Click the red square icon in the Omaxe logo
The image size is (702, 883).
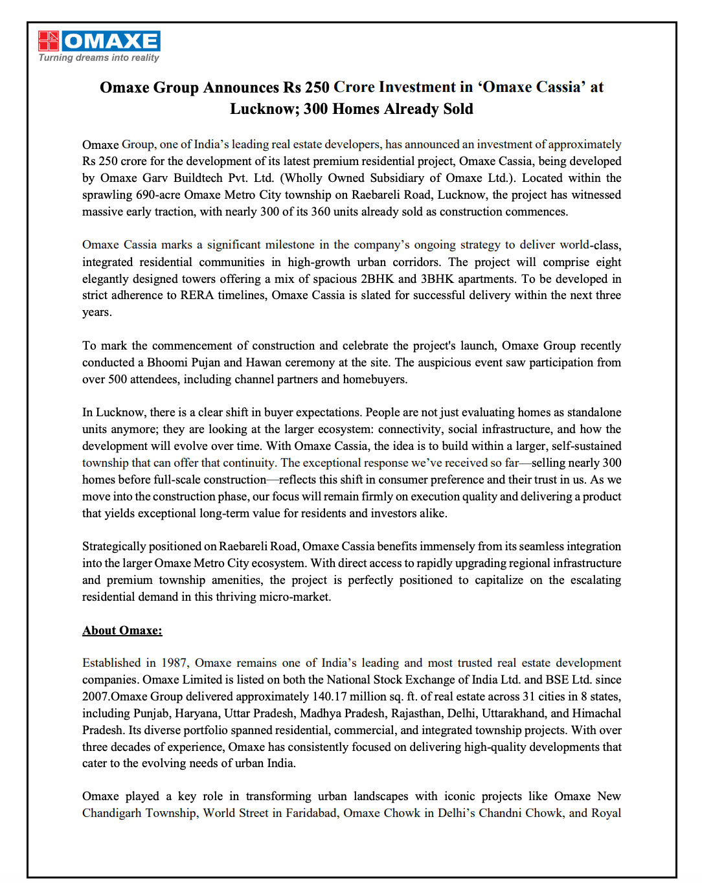pyautogui.click(x=49, y=41)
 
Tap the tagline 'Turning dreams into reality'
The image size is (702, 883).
pyautogui.click(x=98, y=58)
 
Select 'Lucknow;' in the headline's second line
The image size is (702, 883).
pyautogui.click(x=264, y=109)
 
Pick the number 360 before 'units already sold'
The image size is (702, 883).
pyautogui.click(x=321, y=212)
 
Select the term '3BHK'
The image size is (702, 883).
pyautogui.click(x=436, y=279)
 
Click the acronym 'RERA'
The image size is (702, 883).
pyautogui.click(x=197, y=295)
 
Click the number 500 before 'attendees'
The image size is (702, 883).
pyautogui.click(x=117, y=379)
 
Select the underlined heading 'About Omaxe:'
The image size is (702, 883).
pyautogui.click(x=122, y=631)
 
